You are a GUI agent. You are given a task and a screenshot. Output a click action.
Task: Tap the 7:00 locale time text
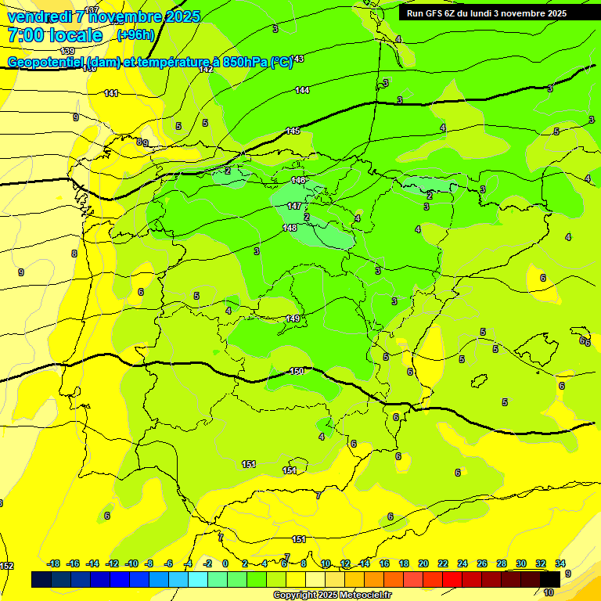(54, 35)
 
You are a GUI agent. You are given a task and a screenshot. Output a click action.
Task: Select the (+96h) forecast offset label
(136, 34)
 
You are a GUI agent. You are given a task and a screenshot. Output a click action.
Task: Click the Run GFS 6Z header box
(486, 13)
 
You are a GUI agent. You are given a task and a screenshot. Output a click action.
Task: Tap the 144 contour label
(302, 90)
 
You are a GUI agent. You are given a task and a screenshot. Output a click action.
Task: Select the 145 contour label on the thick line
(293, 131)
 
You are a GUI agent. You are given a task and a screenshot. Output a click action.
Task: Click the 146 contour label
(298, 180)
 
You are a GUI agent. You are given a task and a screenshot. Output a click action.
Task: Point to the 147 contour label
(293, 206)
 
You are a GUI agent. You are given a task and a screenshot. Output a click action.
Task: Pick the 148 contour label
(290, 228)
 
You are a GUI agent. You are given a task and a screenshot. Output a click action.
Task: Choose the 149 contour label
(293, 318)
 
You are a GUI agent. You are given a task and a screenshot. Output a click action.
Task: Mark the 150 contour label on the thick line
(297, 371)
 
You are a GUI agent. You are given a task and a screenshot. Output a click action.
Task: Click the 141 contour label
(111, 93)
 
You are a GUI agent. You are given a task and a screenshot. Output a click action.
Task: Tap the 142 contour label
(207, 70)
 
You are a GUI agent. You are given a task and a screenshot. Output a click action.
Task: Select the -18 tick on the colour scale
(53, 563)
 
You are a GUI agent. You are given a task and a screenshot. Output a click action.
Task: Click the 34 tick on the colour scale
(560, 563)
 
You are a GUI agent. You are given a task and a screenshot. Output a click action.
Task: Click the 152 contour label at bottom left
(7, 565)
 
